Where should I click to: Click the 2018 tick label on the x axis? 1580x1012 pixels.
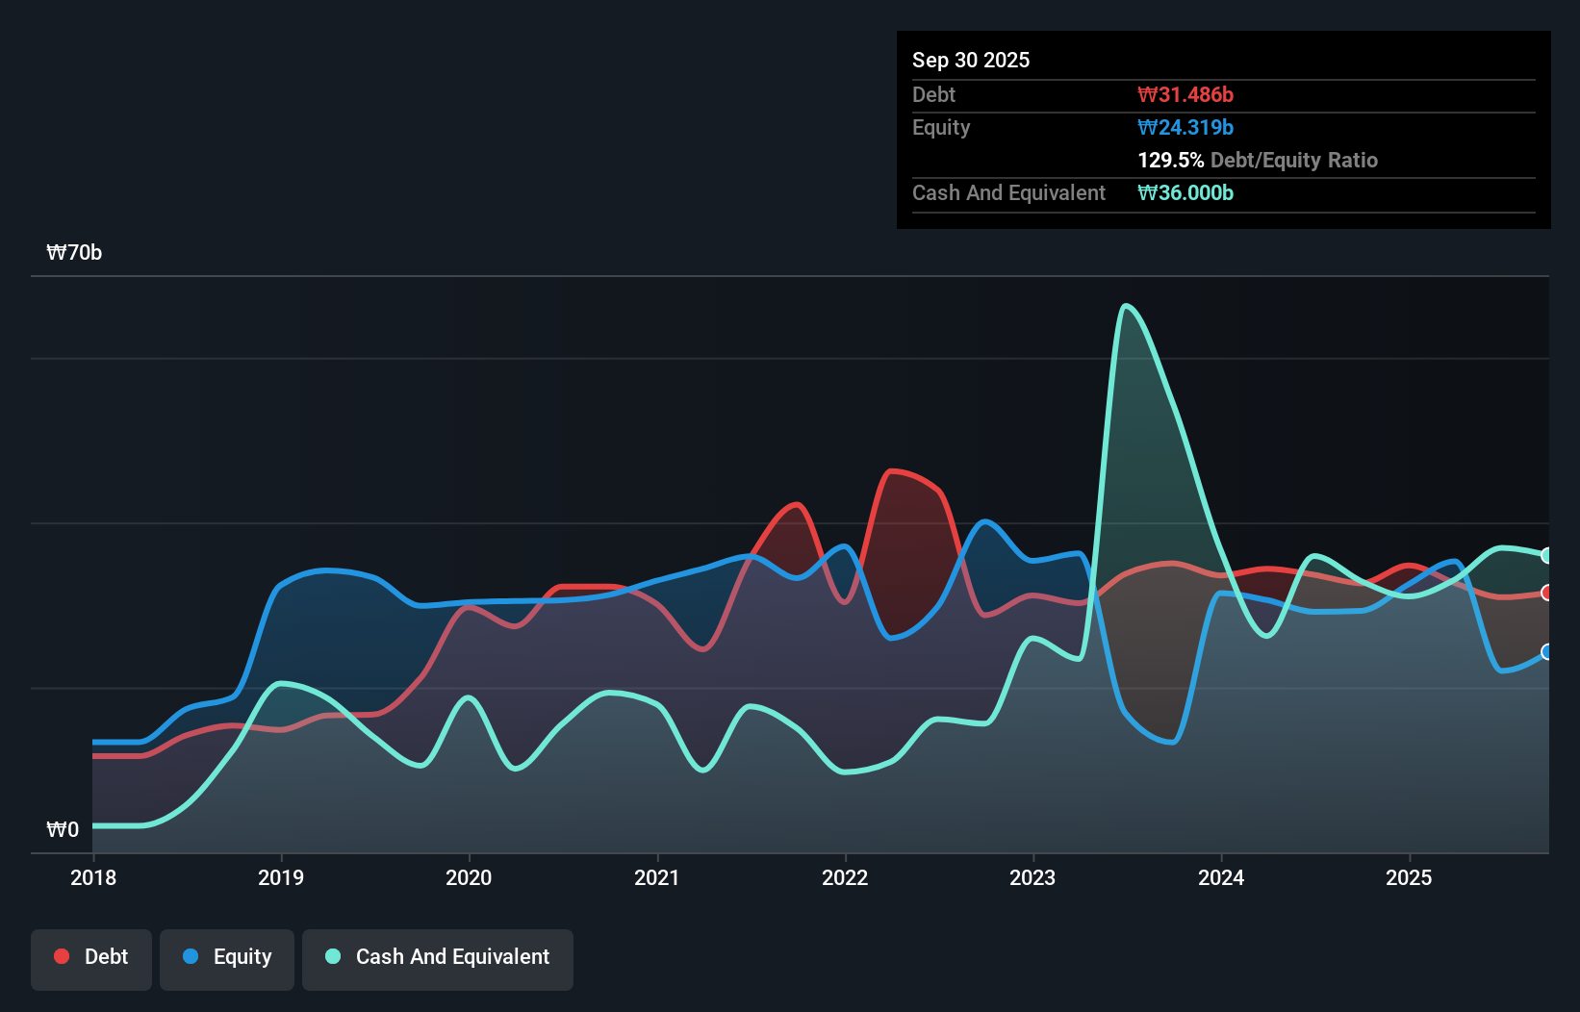[93, 877]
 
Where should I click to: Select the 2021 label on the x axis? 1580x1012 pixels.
[657, 877]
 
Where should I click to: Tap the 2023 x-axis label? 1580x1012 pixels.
[1032, 877]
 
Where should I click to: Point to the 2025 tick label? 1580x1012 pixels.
[1409, 877]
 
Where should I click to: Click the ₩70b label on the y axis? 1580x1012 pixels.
[74, 252]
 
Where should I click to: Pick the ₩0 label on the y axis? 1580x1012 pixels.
[63, 829]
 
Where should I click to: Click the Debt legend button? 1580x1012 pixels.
[91, 957]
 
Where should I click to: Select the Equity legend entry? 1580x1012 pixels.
[227, 957]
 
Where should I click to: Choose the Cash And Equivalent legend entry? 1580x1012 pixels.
[438, 957]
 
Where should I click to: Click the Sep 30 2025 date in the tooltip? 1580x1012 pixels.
[971, 60]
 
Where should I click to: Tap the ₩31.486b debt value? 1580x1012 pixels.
[1185, 94]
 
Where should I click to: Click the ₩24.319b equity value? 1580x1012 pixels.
[1185, 127]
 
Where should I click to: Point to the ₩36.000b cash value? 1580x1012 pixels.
[1185, 192]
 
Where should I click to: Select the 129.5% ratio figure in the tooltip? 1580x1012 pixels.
[1170, 160]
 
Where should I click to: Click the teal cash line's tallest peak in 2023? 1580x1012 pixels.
[1127, 306]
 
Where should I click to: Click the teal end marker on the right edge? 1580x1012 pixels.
[1547, 555]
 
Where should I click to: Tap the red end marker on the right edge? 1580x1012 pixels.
[1547, 593]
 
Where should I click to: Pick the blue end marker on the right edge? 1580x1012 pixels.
[1547, 652]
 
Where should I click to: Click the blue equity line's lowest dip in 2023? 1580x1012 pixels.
[1171, 743]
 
